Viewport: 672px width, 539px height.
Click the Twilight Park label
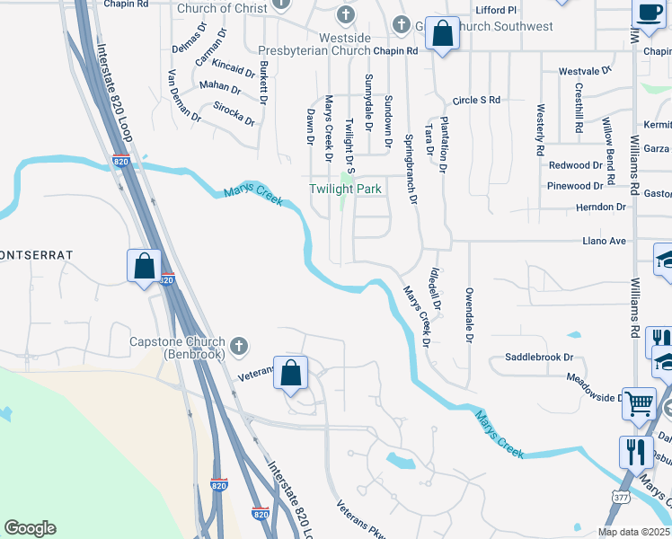click(346, 189)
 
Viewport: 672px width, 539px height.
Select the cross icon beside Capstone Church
click(238, 345)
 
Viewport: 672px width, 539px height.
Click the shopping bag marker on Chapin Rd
click(442, 35)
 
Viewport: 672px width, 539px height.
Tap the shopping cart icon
click(639, 403)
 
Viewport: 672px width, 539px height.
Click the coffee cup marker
click(649, 13)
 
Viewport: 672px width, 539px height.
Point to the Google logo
click(30, 528)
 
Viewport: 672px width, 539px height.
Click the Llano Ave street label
click(604, 241)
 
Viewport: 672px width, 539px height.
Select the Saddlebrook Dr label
click(539, 357)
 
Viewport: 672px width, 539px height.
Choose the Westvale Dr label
click(585, 69)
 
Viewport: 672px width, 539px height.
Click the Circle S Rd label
click(476, 100)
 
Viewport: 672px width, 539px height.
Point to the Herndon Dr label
click(602, 207)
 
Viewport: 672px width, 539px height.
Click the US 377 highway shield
click(619, 496)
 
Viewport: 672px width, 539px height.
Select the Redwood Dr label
click(575, 165)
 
